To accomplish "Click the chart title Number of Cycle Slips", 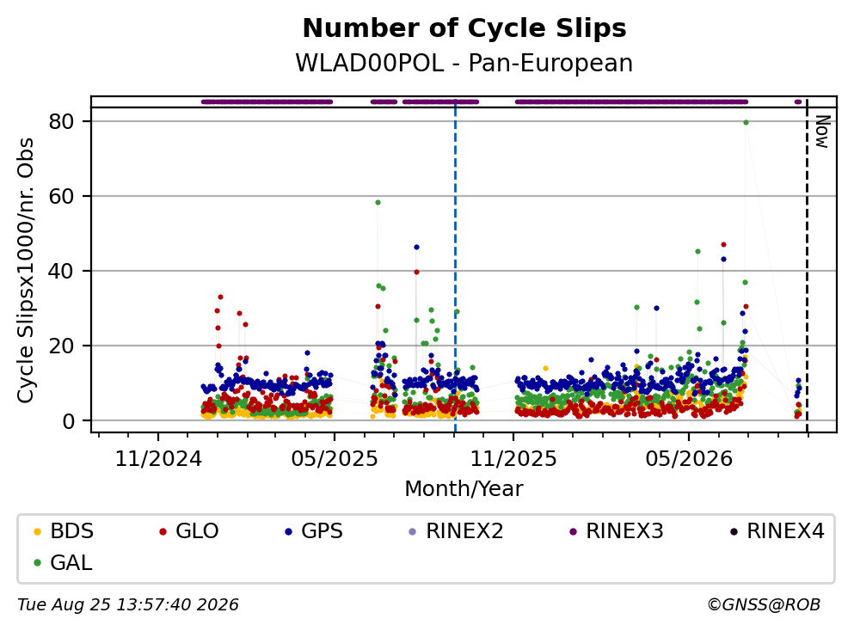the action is point(464,28).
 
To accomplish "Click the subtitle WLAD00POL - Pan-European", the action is point(464,63).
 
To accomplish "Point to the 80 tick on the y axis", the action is point(61,121).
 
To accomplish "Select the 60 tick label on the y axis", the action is point(61,196).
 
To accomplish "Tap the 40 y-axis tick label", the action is point(61,271).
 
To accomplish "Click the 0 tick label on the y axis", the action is point(68,421).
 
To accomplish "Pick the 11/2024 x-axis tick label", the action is point(158,459).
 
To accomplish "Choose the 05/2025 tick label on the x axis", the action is point(335,459).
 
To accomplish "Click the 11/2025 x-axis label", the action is point(513,459).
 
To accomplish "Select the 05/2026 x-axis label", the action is point(689,459).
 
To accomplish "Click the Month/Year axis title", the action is point(464,489).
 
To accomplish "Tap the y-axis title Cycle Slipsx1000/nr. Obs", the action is point(26,270).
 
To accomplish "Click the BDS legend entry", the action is point(64,530).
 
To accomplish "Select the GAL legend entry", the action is point(63,563).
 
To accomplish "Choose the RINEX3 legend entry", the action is point(617,530).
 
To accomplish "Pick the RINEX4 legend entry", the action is point(777,530).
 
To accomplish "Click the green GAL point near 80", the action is point(746,122).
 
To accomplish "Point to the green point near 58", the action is point(378,203).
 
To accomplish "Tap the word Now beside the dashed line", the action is point(822,132).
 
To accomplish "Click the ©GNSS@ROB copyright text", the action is point(764,605).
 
